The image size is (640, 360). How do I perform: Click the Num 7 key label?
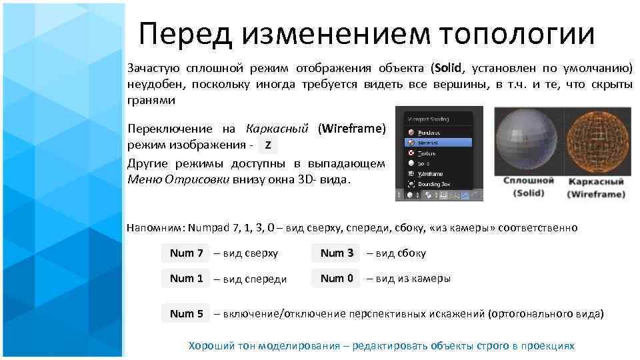tap(186, 253)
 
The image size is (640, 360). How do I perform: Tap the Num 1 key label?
tap(186, 279)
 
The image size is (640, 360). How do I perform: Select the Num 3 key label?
tap(337, 253)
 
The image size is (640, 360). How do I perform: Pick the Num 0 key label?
tap(337, 279)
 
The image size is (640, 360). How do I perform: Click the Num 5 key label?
tap(186, 313)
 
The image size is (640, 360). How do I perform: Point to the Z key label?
tap(267, 145)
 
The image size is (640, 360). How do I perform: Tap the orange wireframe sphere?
tap(595, 142)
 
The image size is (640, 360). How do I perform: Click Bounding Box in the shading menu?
tap(437, 183)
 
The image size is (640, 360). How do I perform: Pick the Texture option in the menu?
tap(430, 153)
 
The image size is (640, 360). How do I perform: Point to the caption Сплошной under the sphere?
tap(528, 181)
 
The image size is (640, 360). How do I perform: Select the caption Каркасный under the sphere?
tap(595, 181)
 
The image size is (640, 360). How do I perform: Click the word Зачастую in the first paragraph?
tap(151, 69)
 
